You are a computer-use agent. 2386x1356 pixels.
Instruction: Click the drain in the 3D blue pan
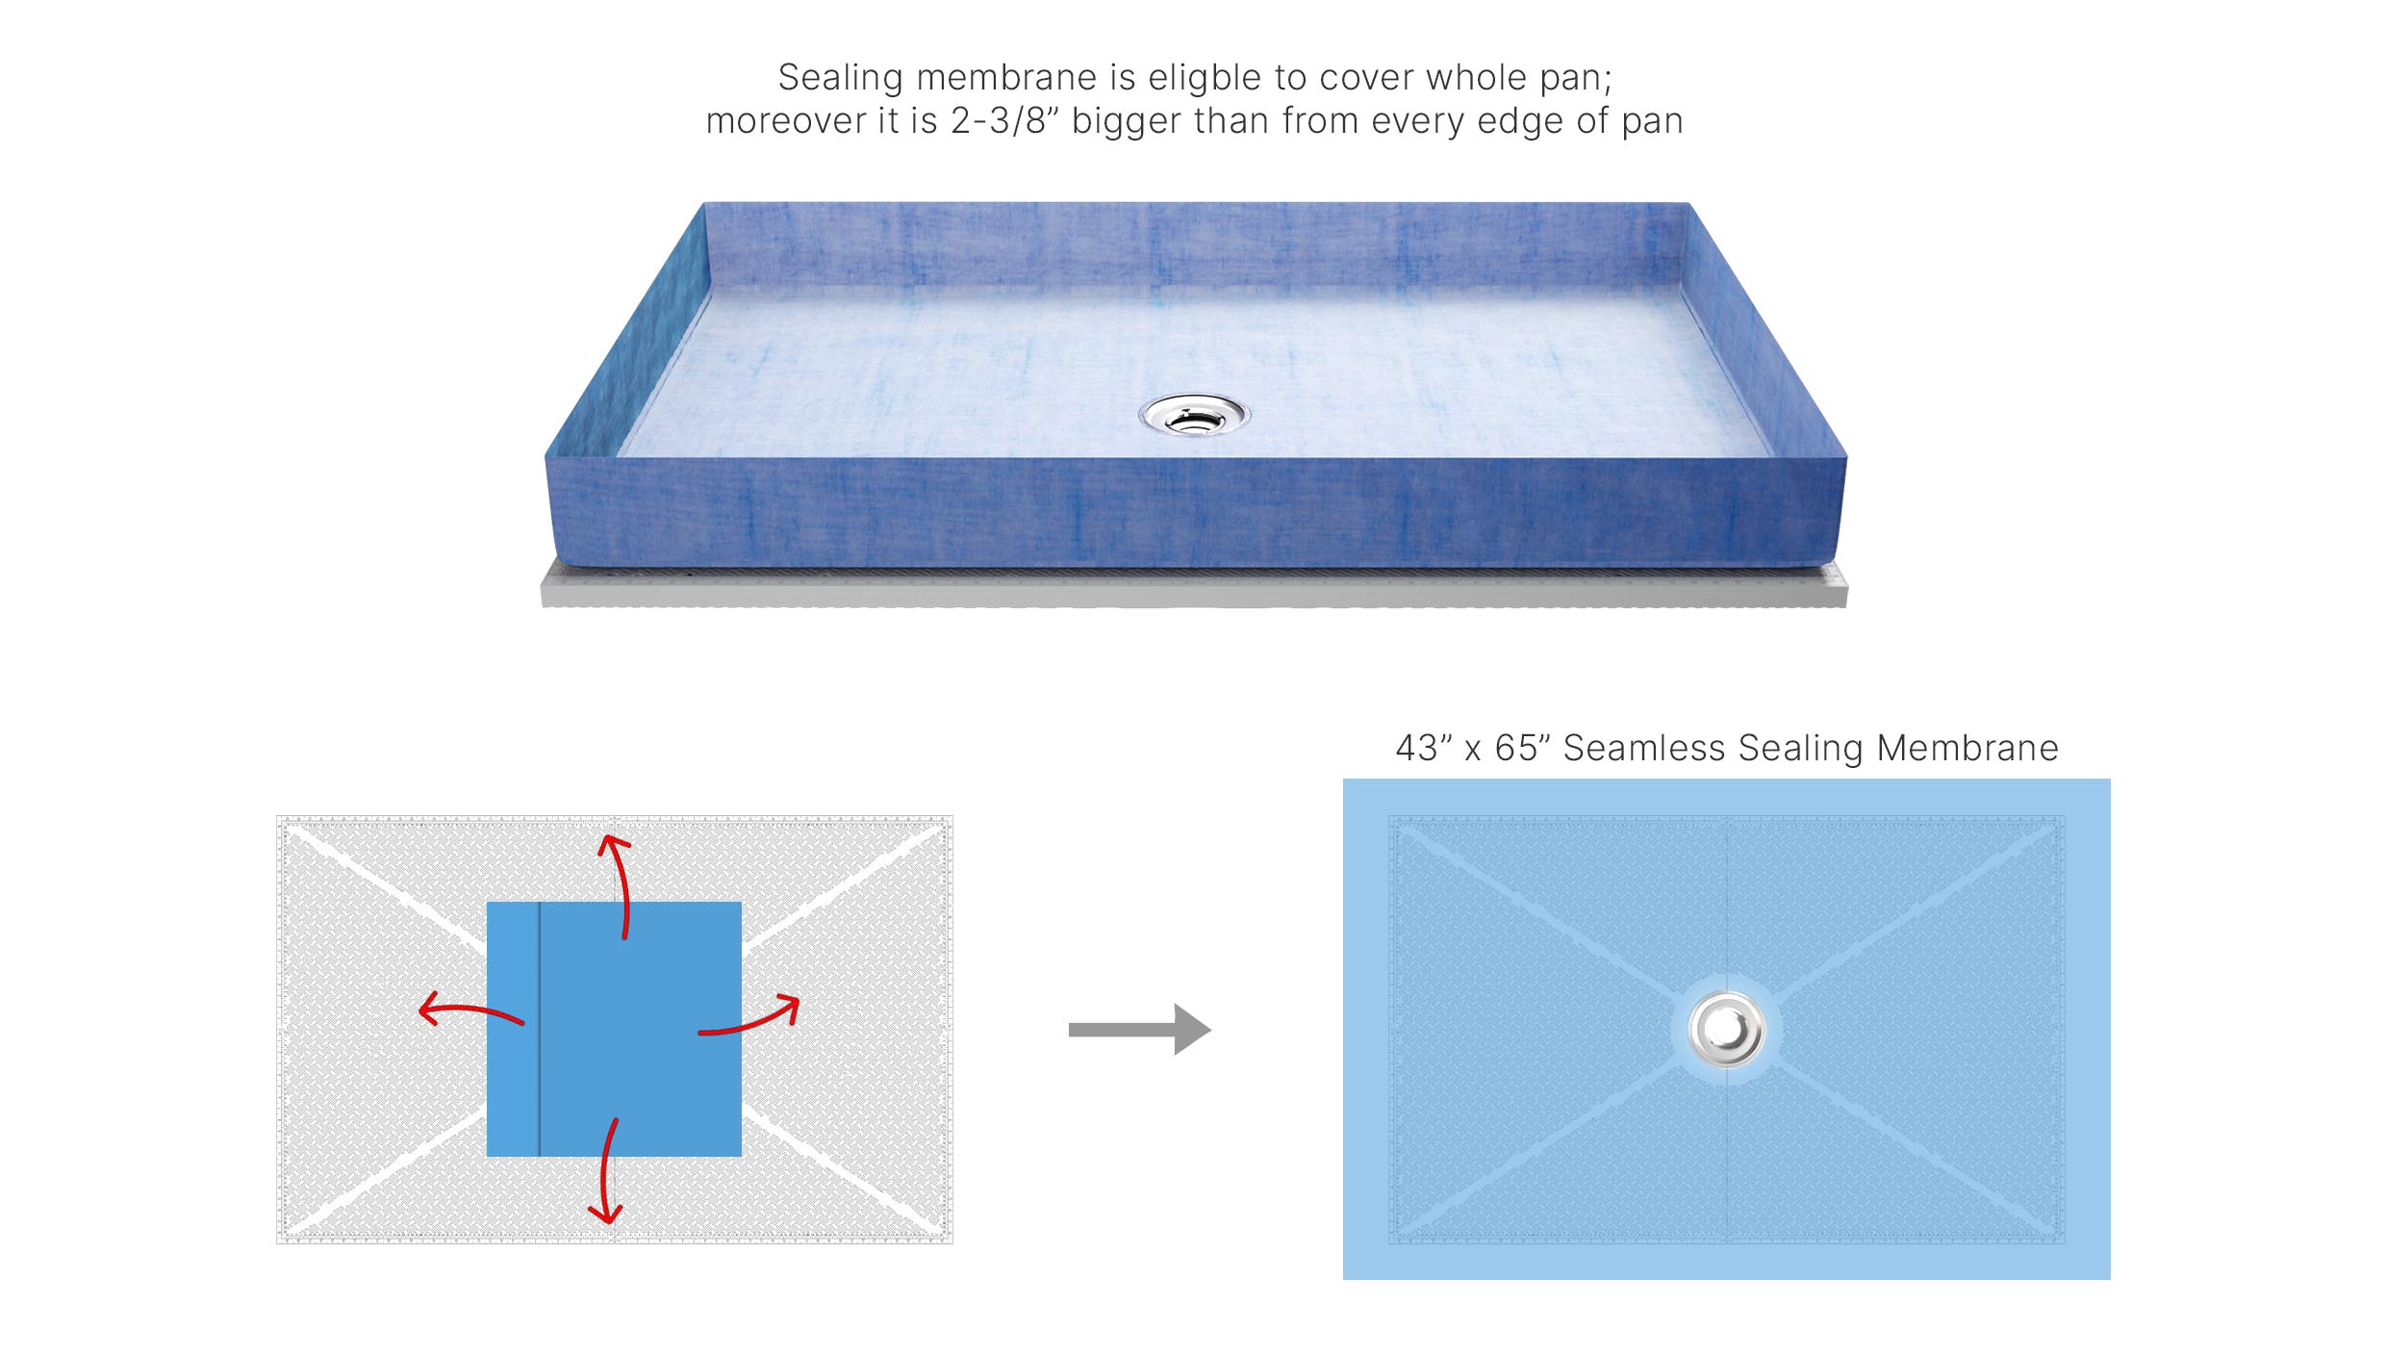(1194, 416)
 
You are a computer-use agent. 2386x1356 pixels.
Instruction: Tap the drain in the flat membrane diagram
(1726, 1030)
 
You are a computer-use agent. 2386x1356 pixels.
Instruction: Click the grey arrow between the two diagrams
(1139, 1030)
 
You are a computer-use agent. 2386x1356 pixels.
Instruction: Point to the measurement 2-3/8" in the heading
(1003, 122)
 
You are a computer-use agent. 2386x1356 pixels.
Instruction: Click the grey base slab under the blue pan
(1193, 590)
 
